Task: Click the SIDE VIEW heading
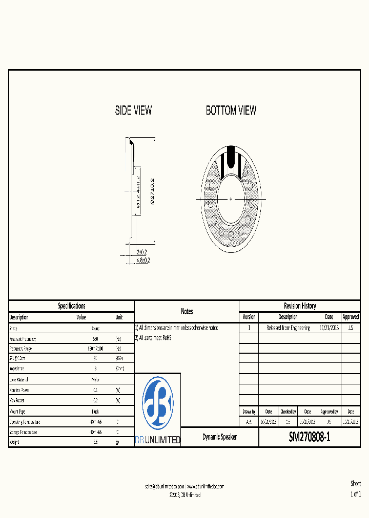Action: point(133,111)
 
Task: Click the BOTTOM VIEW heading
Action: point(231,111)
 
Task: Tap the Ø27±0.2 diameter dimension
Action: point(152,191)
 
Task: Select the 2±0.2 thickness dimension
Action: point(142,252)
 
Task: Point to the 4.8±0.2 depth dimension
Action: point(143,260)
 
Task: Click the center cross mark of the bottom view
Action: point(231,199)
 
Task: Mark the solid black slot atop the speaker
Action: point(231,154)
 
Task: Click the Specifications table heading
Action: point(72,306)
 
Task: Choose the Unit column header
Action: point(119,317)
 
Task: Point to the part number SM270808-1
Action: point(310,438)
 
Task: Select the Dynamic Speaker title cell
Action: point(220,438)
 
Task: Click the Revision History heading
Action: point(300,306)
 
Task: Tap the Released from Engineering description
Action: point(288,328)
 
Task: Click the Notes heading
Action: point(187,311)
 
